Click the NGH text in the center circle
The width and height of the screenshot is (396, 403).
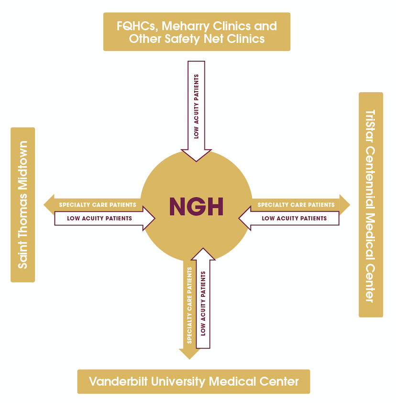196,207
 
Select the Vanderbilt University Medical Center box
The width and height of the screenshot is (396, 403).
194,381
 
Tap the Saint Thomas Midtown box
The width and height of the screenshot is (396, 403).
22,204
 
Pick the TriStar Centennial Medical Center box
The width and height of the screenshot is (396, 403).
371,204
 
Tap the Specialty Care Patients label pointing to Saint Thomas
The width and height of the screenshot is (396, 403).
98,205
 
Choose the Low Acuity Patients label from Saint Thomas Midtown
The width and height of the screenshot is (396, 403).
99,218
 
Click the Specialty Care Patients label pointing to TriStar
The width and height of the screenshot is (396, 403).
296,205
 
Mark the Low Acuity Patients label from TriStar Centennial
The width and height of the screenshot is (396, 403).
294,218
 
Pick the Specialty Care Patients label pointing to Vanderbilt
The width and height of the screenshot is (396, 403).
189,305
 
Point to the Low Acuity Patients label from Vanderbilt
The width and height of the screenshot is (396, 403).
203,303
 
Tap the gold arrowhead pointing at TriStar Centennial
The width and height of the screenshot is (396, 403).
344,205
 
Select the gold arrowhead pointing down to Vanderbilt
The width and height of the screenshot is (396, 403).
189,353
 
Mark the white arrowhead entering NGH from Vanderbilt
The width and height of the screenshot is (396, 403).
203,254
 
